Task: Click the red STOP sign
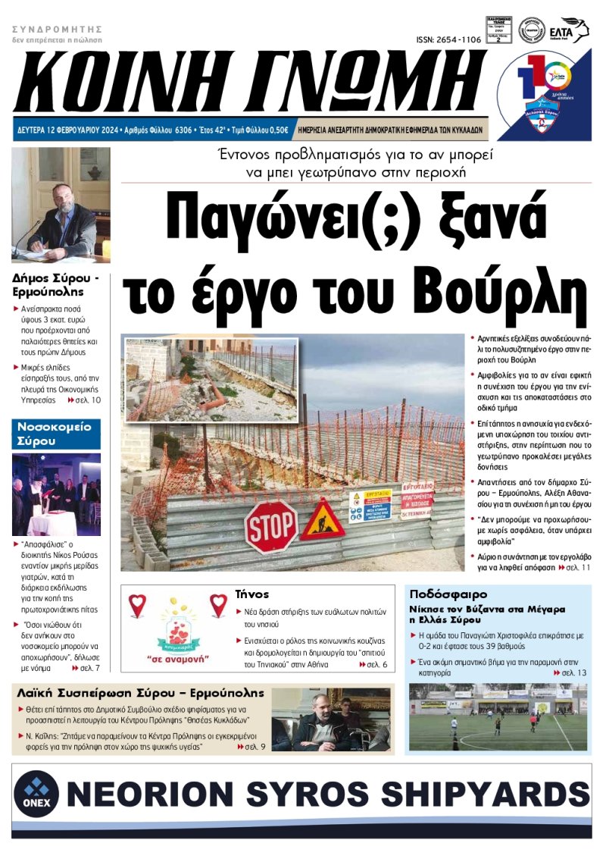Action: coord(271,525)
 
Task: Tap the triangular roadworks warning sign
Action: coord(323,521)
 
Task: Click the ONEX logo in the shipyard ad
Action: coord(36,797)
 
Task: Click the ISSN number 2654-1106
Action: coord(448,39)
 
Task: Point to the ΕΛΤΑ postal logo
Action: coord(574,30)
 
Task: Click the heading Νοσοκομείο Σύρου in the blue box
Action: coord(54,433)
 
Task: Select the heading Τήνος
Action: coord(252,594)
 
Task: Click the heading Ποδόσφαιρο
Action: coord(448,594)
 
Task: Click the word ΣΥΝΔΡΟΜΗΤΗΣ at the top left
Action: coord(57,29)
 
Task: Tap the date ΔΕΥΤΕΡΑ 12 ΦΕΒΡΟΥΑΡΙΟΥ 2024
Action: coord(74,130)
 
